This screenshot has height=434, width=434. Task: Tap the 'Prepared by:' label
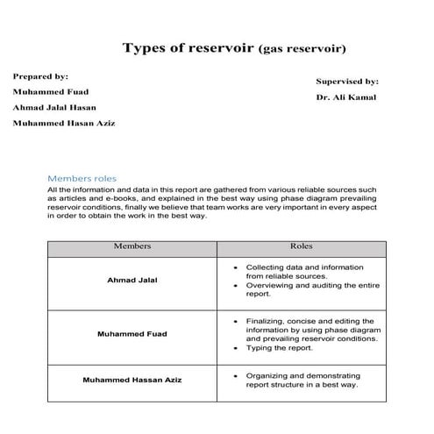(x=40, y=76)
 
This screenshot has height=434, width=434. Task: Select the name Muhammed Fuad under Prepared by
(x=51, y=91)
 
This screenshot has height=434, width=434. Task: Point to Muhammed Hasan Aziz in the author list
(x=64, y=123)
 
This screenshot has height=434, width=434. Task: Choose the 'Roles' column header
(x=301, y=246)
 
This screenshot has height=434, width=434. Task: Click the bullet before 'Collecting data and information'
(x=238, y=267)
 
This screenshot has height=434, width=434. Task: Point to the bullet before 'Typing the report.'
(x=238, y=347)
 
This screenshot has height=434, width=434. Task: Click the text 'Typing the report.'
(x=276, y=347)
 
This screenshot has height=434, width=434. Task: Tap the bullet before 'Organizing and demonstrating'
(x=238, y=374)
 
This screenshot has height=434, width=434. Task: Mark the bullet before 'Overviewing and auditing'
(x=238, y=285)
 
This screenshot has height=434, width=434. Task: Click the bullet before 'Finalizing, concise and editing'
(x=238, y=321)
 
